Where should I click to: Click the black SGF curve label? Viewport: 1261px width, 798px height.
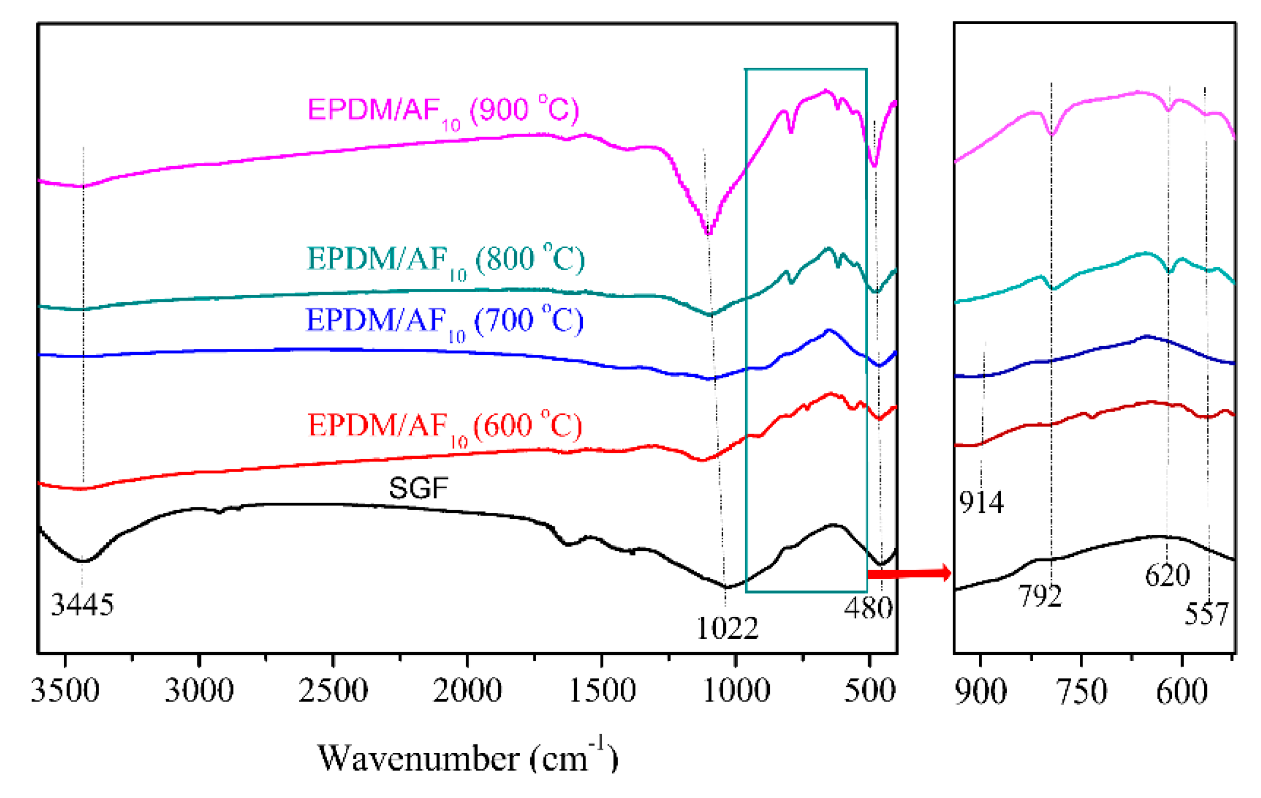click(418, 488)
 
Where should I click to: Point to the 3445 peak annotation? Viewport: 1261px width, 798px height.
click(82, 605)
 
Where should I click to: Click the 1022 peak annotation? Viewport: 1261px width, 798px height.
click(727, 629)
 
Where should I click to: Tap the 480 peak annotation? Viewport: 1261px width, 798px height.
click(868, 609)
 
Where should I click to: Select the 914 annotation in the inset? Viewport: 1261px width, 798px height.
click(981, 503)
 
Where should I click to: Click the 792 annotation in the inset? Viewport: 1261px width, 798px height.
click(1040, 596)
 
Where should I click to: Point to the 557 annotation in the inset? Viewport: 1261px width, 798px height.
click(1206, 614)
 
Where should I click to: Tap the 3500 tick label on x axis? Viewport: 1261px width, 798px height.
click(65, 690)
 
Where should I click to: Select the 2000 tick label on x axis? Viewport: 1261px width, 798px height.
click(467, 690)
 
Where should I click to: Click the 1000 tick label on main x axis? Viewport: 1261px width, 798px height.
click(736, 690)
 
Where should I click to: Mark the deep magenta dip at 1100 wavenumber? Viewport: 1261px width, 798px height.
click(708, 233)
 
